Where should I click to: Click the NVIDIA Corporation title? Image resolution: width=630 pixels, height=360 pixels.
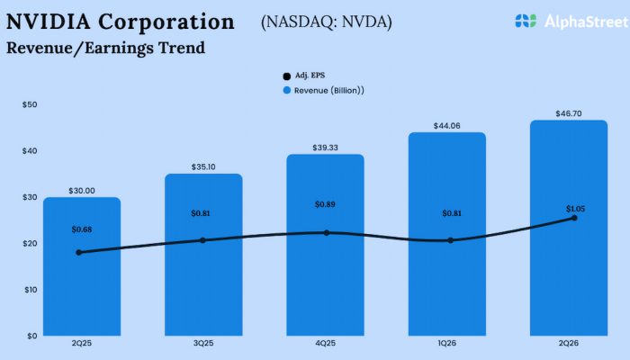(121, 22)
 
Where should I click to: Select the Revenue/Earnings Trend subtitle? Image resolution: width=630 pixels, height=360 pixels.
(105, 48)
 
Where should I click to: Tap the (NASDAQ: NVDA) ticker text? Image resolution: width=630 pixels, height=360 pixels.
(326, 22)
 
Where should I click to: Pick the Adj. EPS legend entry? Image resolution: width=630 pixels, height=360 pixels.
(302, 76)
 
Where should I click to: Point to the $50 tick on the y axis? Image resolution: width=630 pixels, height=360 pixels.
(30, 104)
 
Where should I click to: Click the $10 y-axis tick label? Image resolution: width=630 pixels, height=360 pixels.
(30, 289)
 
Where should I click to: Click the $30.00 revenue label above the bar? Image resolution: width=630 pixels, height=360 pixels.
(81, 191)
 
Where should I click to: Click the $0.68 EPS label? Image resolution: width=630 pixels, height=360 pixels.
(81, 229)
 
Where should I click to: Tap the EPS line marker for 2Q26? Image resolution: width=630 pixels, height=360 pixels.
(574, 218)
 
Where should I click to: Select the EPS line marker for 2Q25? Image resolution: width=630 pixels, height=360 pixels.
(79, 252)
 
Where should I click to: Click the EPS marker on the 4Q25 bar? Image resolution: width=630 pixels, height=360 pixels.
(326, 232)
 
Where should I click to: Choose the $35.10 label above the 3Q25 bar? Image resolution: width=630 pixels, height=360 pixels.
(202, 167)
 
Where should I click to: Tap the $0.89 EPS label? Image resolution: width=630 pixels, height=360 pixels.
(325, 205)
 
